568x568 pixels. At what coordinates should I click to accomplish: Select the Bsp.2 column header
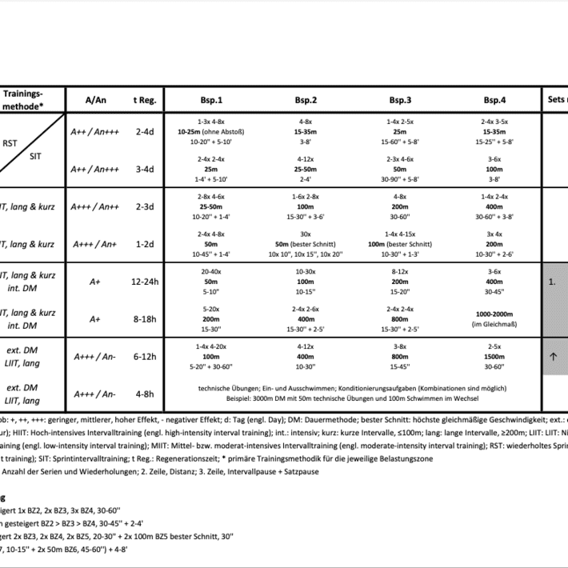(x=306, y=101)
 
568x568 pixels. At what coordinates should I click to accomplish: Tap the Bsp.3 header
(x=401, y=101)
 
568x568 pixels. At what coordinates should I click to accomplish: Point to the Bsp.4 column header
(x=494, y=101)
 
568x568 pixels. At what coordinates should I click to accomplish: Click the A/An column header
(x=95, y=100)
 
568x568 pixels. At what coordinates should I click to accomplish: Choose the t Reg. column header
(x=145, y=100)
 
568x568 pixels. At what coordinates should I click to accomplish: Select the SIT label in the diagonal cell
(x=35, y=157)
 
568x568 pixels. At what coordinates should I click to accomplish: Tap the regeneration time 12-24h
(x=145, y=282)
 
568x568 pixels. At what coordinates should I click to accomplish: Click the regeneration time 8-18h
(x=145, y=318)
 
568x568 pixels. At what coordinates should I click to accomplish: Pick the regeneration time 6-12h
(x=145, y=356)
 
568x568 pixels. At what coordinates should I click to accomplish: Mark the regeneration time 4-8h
(x=145, y=394)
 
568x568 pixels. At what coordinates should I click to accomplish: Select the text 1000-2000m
(x=494, y=314)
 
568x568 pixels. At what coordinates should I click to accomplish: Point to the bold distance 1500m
(x=494, y=356)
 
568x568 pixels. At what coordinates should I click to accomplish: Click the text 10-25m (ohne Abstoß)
(x=211, y=130)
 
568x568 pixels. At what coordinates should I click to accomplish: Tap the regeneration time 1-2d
(x=145, y=244)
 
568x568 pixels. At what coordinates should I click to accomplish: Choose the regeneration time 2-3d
(x=145, y=206)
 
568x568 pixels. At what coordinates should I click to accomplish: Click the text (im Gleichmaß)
(x=494, y=324)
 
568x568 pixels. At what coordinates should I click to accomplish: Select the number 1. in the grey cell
(x=551, y=282)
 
